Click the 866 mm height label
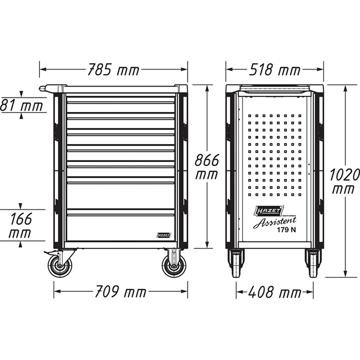(x=206, y=167)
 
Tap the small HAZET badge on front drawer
(x=164, y=234)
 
